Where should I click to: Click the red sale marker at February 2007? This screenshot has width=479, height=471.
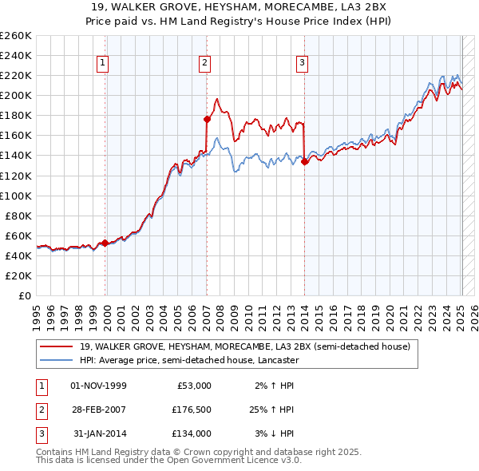pyautogui.click(x=207, y=119)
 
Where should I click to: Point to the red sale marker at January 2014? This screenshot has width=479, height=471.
pyautogui.click(x=305, y=161)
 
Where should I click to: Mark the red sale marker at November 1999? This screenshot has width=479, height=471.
pyautogui.click(x=105, y=243)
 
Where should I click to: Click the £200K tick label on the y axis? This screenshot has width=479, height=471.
pyautogui.click(x=15, y=95)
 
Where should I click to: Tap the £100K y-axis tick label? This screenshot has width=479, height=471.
pyautogui.click(x=15, y=196)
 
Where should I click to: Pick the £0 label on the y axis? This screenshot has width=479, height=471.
pyautogui.click(x=24, y=295)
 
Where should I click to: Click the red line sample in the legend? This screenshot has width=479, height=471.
pyautogui.click(x=56, y=347)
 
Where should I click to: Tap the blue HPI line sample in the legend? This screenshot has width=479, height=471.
pyautogui.click(x=56, y=361)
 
